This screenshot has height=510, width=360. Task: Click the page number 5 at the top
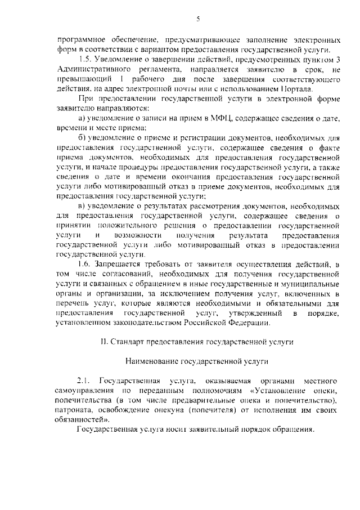click(198, 20)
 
